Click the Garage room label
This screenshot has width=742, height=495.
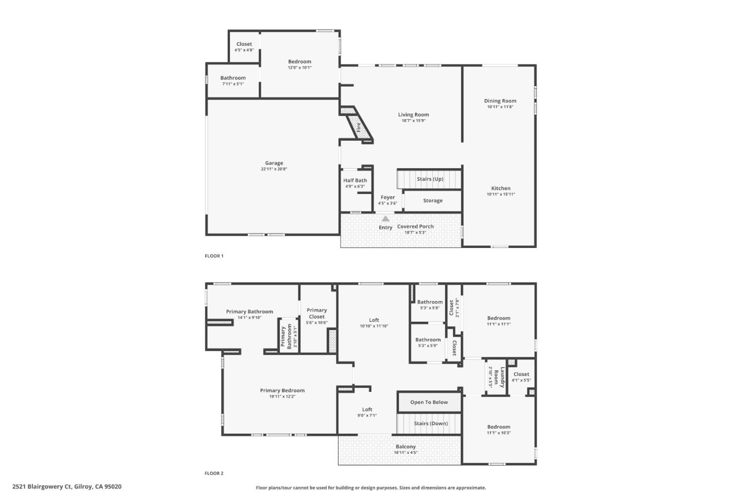(x=274, y=163)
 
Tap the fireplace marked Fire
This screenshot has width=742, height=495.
(x=358, y=126)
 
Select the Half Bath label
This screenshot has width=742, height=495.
(x=355, y=180)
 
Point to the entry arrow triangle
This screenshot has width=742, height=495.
(x=385, y=219)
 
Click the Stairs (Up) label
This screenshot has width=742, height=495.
(x=430, y=179)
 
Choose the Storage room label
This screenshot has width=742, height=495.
(x=432, y=201)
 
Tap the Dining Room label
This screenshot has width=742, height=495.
(x=500, y=101)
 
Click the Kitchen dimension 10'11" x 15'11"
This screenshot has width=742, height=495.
(x=500, y=194)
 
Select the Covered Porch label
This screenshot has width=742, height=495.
(x=415, y=226)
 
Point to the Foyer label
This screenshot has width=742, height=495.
(x=387, y=197)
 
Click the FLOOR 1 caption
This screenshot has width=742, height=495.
(x=214, y=256)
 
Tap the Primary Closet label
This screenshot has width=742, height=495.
(x=316, y=313)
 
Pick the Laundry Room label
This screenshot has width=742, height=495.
(x=499, y=377)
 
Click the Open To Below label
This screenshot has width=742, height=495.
(x=429, y=402)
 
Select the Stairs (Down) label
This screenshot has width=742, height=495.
(x=431, y=423)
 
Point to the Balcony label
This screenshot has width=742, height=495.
(x=406, y=447)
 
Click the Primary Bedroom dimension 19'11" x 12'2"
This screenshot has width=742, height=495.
(x=282, y=397)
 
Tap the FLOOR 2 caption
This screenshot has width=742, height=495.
(x=214, y=473)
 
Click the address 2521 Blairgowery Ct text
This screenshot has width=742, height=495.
(x=42, y=486)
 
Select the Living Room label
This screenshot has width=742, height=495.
(x=413, y=114)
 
